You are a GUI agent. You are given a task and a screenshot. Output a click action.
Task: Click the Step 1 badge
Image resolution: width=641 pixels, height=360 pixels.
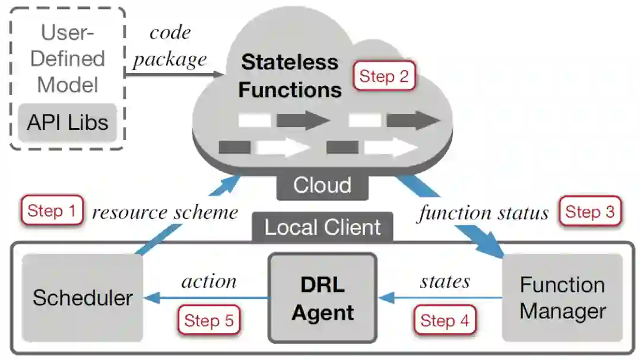pos(52,211)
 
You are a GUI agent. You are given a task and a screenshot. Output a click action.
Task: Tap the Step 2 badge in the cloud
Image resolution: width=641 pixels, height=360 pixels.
pos(384,76)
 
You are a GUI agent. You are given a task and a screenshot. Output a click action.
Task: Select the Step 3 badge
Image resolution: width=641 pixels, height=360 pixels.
pos(589,212)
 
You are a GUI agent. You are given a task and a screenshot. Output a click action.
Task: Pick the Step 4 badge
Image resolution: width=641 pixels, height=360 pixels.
pos(445,320)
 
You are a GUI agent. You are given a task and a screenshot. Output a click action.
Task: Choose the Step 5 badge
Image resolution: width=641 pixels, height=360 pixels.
pos(209,320)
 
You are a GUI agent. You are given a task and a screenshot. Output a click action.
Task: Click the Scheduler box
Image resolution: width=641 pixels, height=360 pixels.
pos(82,297)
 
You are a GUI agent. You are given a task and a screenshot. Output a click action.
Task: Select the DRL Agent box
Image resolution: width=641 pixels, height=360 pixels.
pos(322,298)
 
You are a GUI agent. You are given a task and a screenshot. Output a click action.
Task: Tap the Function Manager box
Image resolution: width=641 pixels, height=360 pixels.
pos(562,298)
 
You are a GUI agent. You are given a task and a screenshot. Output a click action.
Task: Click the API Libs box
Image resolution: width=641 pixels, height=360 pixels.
pos(67,122)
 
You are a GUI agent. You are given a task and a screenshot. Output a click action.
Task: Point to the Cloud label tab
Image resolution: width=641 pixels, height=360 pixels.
pos(322,185)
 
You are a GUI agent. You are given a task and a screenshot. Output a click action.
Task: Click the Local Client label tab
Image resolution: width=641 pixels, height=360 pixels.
pos(322,227)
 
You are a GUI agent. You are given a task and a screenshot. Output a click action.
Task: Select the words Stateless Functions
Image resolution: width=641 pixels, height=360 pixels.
pos(290,76)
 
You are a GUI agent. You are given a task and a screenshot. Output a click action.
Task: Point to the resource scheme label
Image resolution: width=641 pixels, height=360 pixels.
pos(165,212)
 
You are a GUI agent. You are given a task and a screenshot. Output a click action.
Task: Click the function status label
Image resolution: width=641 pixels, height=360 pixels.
pos(483,212)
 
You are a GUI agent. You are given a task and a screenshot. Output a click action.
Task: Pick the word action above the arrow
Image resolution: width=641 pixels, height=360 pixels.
pos(209,281)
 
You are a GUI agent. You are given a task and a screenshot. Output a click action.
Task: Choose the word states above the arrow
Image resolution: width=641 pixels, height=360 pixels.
pos(445,281)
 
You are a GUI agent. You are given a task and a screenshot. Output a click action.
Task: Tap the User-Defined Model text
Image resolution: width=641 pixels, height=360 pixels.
pos(67,58)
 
